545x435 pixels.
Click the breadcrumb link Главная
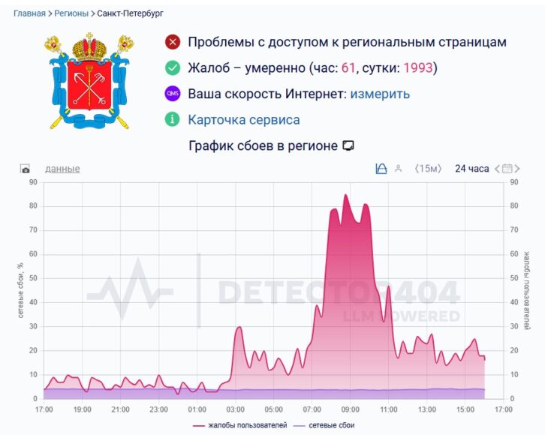click(29, 13)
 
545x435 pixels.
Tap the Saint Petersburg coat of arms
click(88, 80)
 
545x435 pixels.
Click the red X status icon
click(173, 42)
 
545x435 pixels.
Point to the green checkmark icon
click(173, 68)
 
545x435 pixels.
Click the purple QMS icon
click(173, 94)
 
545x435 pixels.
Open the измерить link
click(380, 94)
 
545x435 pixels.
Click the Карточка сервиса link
click(243, 120)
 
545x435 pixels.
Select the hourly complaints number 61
click(348, 68)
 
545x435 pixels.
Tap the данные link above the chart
click(62, 169)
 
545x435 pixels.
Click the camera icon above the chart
click(26, 169)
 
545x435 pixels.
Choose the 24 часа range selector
click(471, 169)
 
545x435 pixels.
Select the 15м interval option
click(429, 169)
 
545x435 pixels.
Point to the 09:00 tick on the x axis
click(349, 410)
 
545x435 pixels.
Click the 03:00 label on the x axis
click(235, 410)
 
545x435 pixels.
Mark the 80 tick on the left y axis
click(32, 206)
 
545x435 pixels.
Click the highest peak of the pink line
click(345, 195)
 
